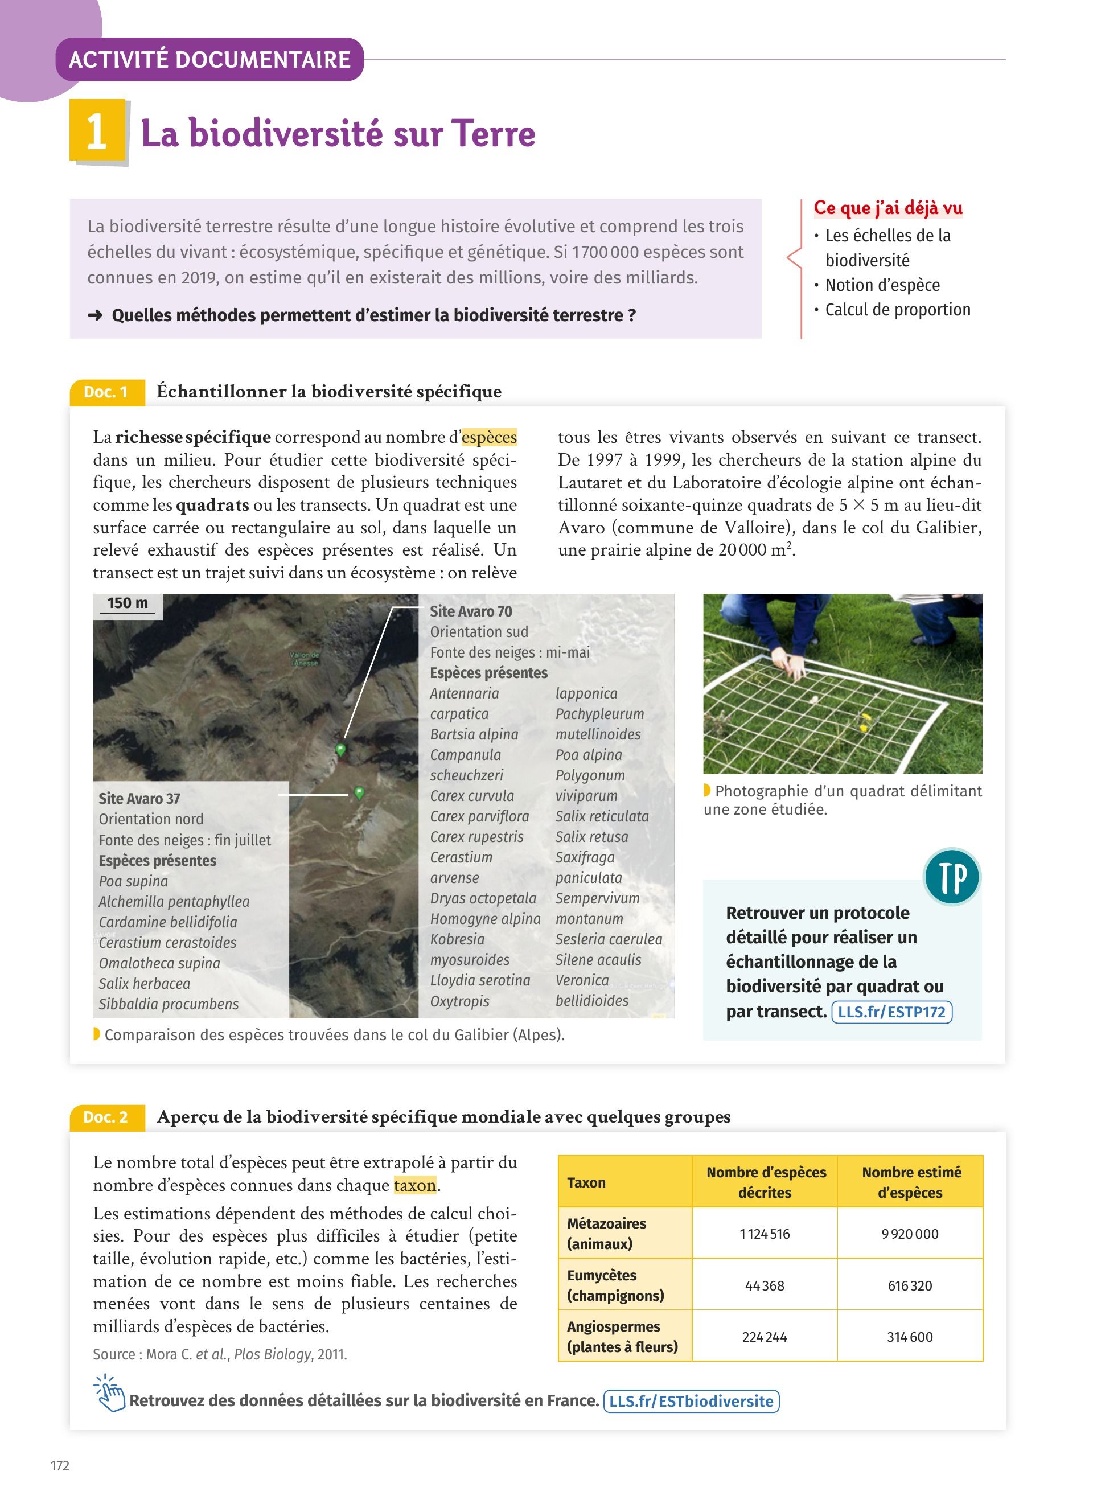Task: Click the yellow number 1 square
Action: [x=97, y=131]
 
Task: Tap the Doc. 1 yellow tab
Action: [x=106, y=392]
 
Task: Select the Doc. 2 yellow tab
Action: [x=106, y=1117]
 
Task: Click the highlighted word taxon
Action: [x=414, y=1185]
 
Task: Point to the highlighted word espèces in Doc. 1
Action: [x=489, y=437]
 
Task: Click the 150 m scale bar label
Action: [x=128, y=603]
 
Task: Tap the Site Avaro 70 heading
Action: [x=471, y=611]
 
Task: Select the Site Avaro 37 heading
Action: [x=139, y=799]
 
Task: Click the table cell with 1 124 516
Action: [x=764, y=1234]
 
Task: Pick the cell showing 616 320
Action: [x=909, y=1286]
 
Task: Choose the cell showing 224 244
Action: [x=764, y=1337]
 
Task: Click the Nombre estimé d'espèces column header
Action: [x=910, y=1182]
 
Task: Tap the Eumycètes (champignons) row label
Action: [x=615, y=1285]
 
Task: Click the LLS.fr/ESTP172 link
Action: [x=891, y=1012]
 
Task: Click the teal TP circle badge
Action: [x=952, y=877]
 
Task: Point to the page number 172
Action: [x=60, y=1466]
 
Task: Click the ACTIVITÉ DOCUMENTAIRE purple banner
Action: [x=209, y=60]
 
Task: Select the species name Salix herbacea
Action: [x=144, y=984]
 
